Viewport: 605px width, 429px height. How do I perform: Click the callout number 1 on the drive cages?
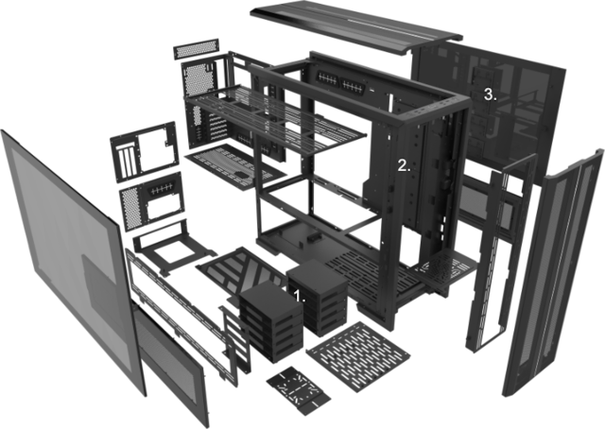pyautogui.click(x=299, y=296)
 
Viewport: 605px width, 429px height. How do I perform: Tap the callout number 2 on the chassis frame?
pyautogui.click(x=404, y=166)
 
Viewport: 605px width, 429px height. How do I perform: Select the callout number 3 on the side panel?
pyautogui.click(x=490, y=94)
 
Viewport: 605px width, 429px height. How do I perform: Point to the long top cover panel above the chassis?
pyautogui.click(x=355, y=26)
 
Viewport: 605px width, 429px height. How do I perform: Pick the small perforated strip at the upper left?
pyautogui.click(x=196, y=48)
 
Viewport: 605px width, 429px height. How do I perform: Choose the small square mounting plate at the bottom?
pyautogui.click(x=298, y=390)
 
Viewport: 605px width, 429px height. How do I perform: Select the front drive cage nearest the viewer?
pyautogui.click(x=270, y=320)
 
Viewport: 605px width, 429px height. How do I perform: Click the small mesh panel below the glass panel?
pyautogui.click(x=172, y=363)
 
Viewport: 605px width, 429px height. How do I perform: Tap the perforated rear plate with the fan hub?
pyautogui.click(x=152, y=200)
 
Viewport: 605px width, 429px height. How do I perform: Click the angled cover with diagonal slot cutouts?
pyautogui.click(x=241, y=276)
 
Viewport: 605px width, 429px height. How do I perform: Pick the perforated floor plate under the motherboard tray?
pyautogui.click(x=235, y=167)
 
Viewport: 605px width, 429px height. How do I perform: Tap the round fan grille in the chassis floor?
pyautogui.click(x=443, y=266)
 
